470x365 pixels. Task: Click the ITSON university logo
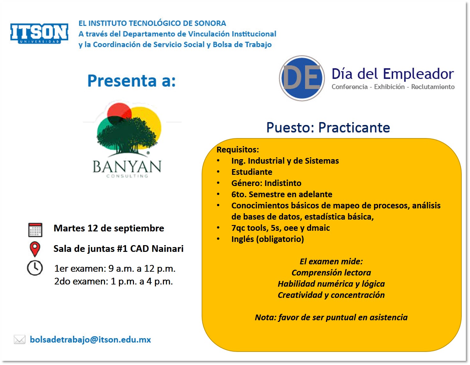click(x=39, y=33)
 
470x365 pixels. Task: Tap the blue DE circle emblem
click(x=302, y=78)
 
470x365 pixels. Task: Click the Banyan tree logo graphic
click(x=129, y=130)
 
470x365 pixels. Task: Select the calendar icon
click(x=35, y=229)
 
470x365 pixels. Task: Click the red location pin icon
click(x=35, y=249)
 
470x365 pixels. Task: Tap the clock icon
click(x=35, y=268)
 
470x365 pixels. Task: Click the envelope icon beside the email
click(x=20, y=339)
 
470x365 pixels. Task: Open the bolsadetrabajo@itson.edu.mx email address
click(x=90, y=339)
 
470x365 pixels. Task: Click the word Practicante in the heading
click(x=354, y=128)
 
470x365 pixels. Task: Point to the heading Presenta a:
click(x=131, y=81)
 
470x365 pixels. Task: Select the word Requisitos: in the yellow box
click(x=238, y=150)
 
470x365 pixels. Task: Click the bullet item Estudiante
click(x=252, y=172)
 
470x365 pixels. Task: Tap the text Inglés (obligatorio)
click(x=268, y=239)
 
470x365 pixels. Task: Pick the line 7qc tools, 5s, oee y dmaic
click(x=280, y=228)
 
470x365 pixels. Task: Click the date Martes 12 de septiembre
click(x=109, y=228)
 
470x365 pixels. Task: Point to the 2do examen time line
click(x=114, y=281)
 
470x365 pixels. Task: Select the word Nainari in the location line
click(x=168, y=248)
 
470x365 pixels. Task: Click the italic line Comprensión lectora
click(x=331, y=273)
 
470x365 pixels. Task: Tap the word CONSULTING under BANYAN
click(x=127, y=176)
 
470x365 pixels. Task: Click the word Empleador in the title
click(x=419, y=74)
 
